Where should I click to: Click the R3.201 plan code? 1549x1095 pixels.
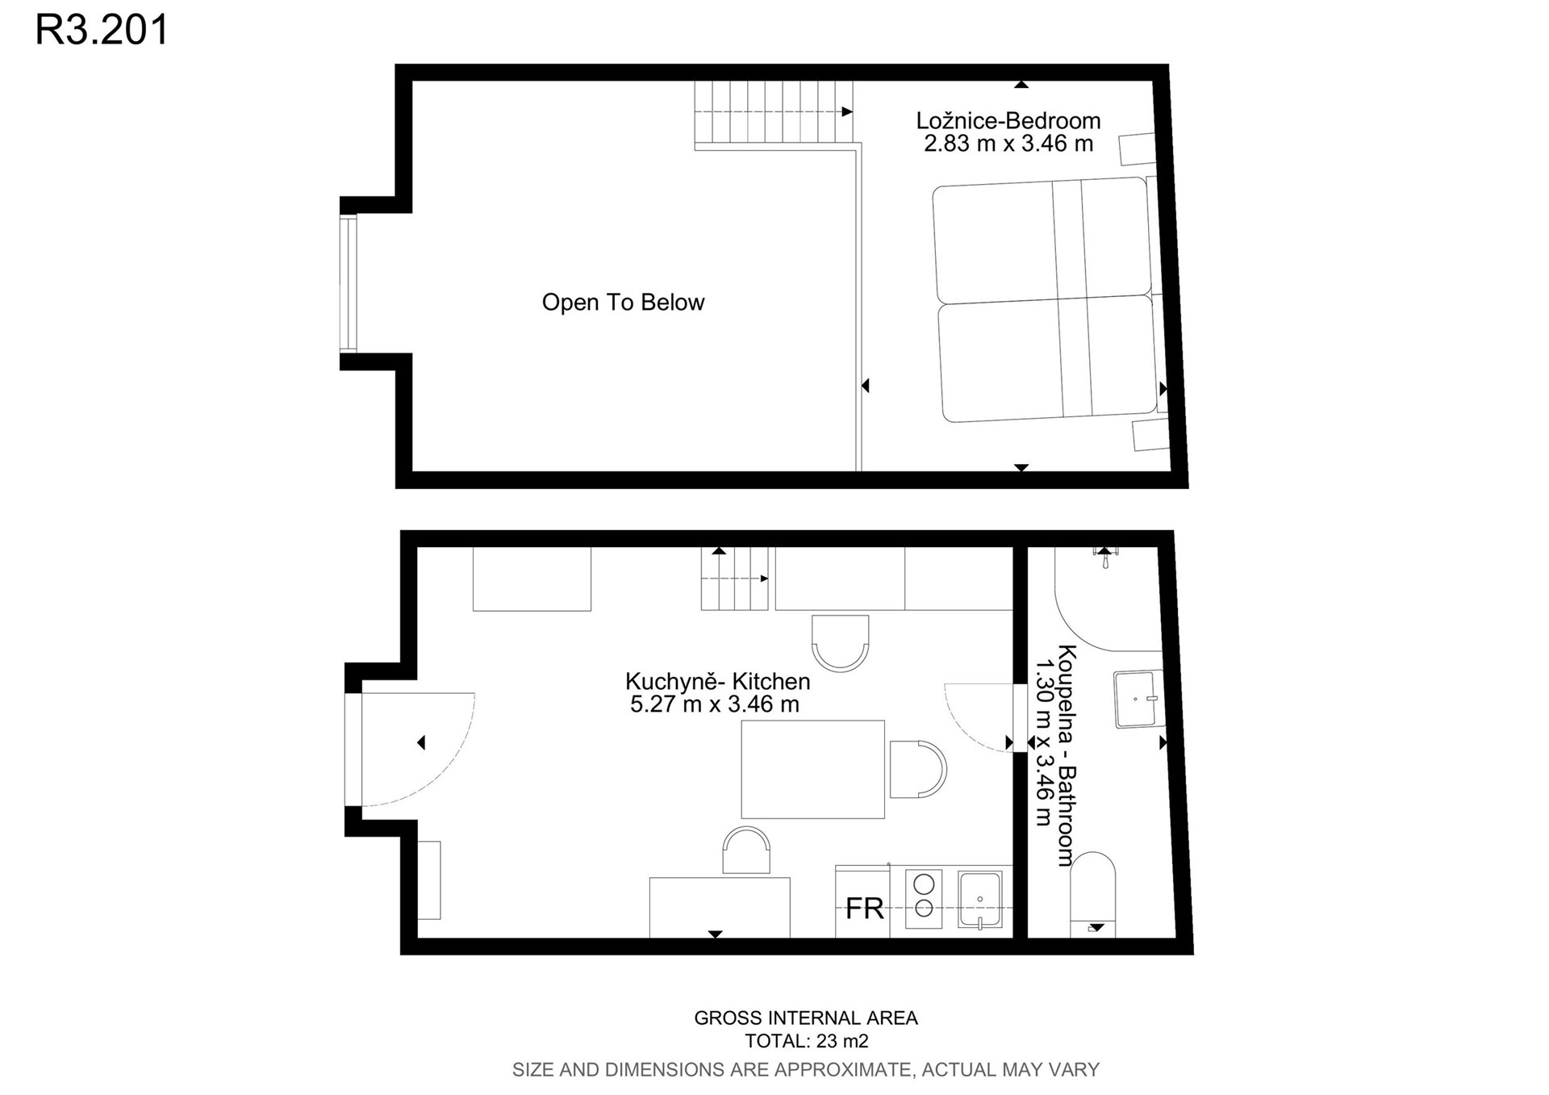(102, 29)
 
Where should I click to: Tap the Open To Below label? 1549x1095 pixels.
(623, 303)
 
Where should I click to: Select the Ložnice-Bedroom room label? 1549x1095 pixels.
(1008, 121)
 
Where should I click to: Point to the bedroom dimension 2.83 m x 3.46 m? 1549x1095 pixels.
(1008, 144)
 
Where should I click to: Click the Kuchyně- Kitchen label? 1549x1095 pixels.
(717, 682)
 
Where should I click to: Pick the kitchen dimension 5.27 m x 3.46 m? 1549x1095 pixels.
(714, 704)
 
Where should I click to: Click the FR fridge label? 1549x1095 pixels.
(864, 909)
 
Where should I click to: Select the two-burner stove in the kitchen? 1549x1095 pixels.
(924, 898)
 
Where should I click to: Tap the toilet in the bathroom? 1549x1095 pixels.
(1092, 894)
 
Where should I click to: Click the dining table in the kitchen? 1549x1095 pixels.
(812, 770)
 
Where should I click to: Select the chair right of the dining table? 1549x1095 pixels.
(918, 770)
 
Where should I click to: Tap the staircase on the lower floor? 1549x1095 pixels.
(734, 579)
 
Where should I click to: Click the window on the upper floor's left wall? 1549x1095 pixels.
(348, 283)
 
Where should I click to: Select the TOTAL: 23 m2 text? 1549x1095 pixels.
(806, 1042)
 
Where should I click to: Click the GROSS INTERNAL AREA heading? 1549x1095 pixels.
(806, 1018)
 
